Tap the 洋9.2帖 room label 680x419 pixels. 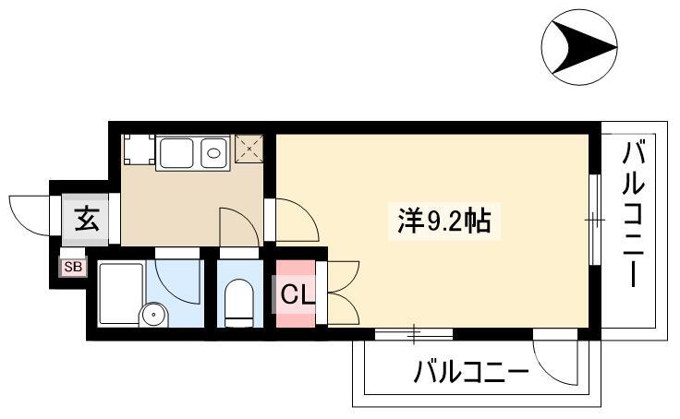[x=444, y=221]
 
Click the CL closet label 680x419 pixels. [x=297, y=295]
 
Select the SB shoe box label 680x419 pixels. [x=73, y=267]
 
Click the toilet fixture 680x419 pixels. [x=238, y=303]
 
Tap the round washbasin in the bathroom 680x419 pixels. [x=153, y=314]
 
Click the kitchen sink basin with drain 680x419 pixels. [x=213, y=153]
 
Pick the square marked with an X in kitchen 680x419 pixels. [x=249, y=149]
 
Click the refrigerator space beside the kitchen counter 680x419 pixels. [x=139, y=150]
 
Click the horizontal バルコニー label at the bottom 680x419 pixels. [x=470, y=372]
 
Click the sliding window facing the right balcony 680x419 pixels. [x=595, y=220]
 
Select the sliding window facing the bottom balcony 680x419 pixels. [x=414, y=334]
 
